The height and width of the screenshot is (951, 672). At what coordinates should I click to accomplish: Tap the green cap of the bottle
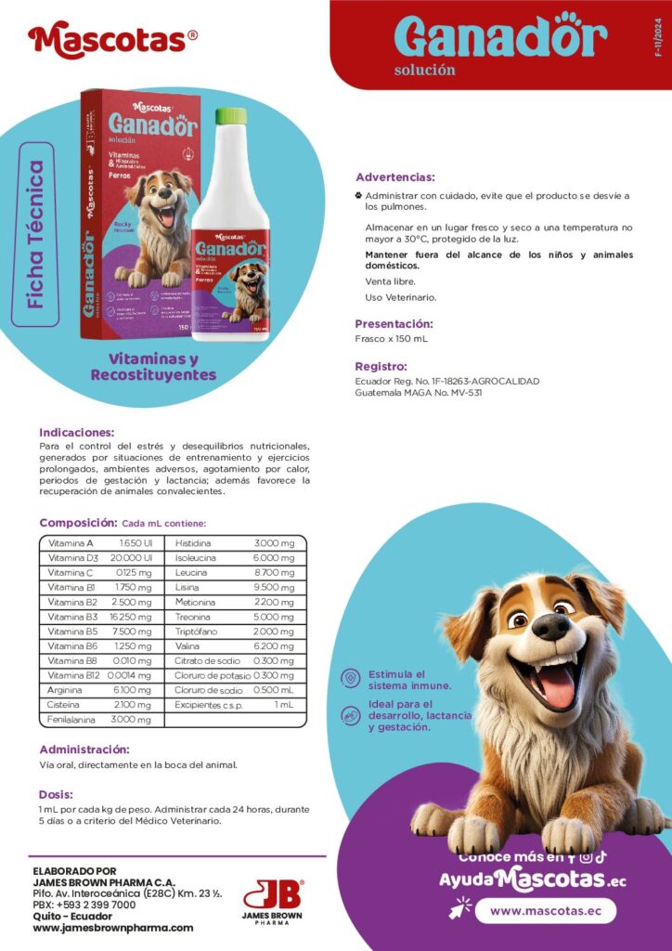231,116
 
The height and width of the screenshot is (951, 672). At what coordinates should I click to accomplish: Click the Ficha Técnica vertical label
36,234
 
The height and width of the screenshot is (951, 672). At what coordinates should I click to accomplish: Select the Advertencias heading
395,176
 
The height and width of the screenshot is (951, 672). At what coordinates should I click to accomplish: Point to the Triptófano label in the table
196,632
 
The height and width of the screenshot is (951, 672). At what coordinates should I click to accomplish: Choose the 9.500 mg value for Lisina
274,588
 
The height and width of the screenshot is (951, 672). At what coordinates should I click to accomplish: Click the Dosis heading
56,794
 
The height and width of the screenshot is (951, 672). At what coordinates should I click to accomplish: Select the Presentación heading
394,323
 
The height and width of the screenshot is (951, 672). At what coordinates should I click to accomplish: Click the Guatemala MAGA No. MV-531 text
419,393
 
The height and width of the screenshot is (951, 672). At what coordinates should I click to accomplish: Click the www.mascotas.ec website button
545,911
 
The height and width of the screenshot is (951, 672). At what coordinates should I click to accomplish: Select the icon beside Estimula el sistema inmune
350,679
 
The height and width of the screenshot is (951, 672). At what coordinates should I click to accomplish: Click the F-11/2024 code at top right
658,43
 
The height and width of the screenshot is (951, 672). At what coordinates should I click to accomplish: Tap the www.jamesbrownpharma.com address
112,928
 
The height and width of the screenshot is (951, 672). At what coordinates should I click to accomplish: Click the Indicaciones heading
77,432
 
